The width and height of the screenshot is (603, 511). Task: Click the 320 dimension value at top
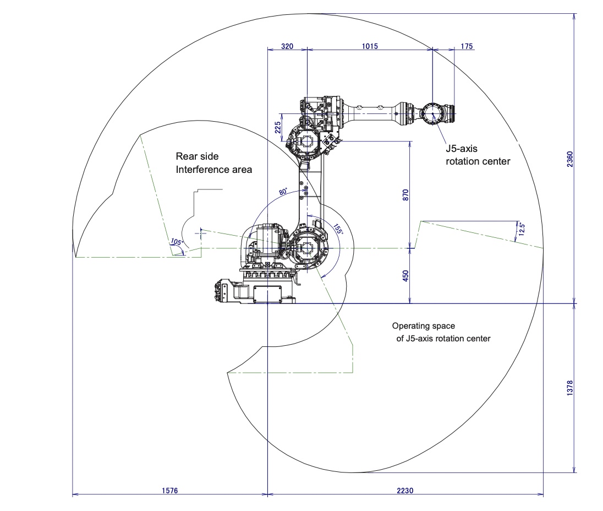coord(287,46)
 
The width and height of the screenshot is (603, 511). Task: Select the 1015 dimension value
coord(370,46)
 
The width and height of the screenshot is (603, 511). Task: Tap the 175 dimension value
coord(467,46)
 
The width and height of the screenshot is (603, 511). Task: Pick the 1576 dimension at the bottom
coord(169,490)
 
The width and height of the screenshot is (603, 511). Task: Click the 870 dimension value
coord(405,195)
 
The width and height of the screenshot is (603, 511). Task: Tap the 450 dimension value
coord(405,276)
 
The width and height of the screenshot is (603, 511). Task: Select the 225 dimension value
coord(278,128)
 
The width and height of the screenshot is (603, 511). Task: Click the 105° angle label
coord(176,242)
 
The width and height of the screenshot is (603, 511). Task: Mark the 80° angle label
coord(283,192)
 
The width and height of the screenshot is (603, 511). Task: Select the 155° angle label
coord(338,229)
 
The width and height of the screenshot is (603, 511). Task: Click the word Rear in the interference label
coord(186,156)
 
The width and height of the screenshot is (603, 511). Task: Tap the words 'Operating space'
coord(423,326)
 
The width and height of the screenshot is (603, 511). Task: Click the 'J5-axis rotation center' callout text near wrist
coord(478,155)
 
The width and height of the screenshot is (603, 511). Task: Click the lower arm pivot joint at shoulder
coord(306,248)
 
